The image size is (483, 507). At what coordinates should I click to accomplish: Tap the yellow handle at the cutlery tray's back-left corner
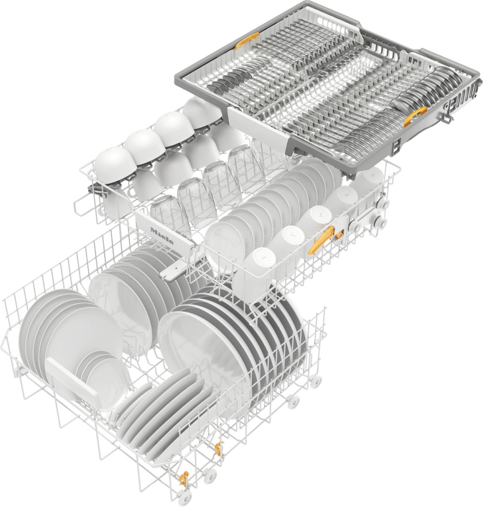(x=245, y=41)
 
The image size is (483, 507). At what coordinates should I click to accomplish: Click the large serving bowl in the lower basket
(x=203, y=351)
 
